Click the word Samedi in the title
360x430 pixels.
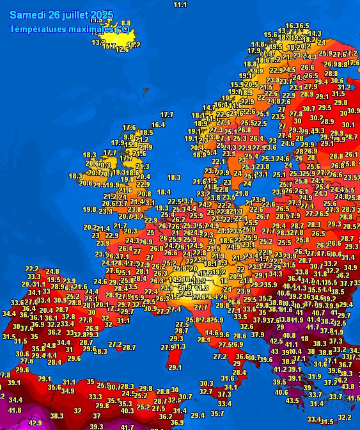point(27,15)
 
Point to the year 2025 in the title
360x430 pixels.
point(102,15)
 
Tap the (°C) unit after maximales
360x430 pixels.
point(123,29)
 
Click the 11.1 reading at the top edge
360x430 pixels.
point(180,5)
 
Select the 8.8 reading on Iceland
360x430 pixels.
point(125,23)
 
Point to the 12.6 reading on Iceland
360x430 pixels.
point(121,49)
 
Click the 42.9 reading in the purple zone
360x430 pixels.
point(35,423)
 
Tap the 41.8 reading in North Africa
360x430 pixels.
point(15,410)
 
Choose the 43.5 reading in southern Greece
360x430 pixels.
point(292,401)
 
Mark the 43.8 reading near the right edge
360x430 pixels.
point(347,386)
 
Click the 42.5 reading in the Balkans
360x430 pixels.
point(276,341)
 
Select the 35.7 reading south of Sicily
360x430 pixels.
point(217,413)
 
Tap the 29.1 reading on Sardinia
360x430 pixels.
point(173,367)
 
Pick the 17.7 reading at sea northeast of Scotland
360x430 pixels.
point(167,115)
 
